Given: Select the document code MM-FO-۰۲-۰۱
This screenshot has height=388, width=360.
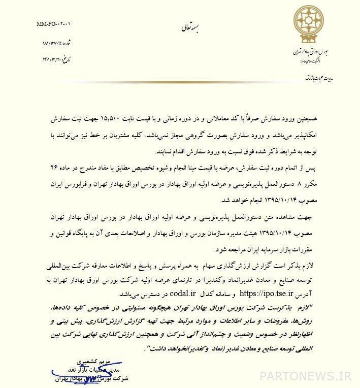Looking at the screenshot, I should coord(54,24).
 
